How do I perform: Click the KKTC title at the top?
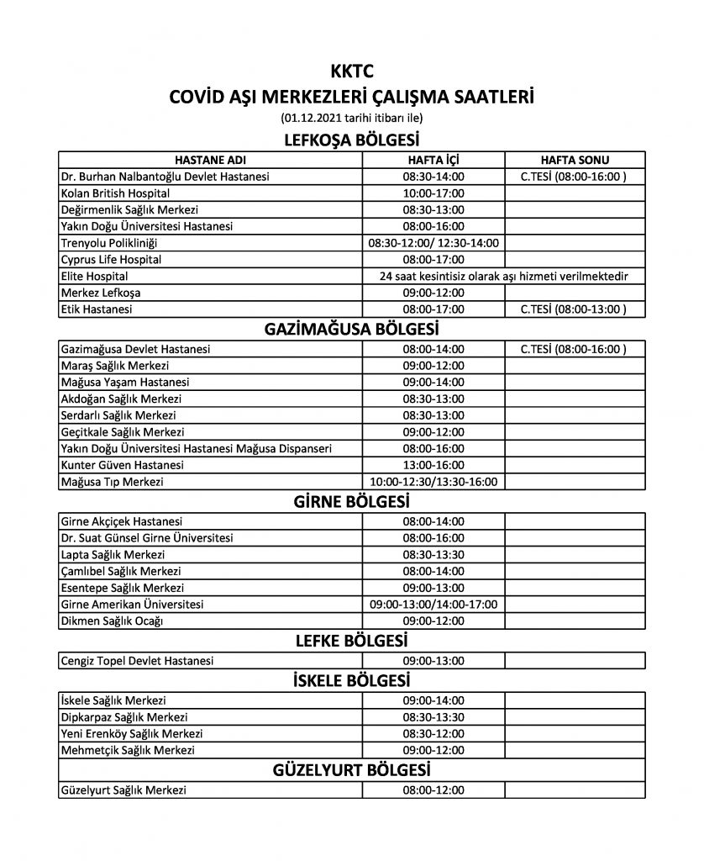click(352, 73)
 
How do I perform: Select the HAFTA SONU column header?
click(575, 160)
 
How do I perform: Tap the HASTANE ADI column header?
click(210, 160)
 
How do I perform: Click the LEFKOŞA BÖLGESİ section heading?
click(352, 139)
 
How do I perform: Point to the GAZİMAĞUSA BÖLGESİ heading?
click(352, 329)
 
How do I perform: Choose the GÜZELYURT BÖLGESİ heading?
click(352, 770)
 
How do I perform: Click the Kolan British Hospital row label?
click(116, 193)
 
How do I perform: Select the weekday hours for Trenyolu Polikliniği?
click(433, 243)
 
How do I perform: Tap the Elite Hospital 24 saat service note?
click(504, 276)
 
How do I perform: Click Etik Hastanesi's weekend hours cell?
click(575, 309)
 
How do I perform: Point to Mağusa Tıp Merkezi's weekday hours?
click(433, 482)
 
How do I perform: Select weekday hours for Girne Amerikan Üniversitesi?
click(433, 605)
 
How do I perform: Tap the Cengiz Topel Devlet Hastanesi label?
click(137, 661)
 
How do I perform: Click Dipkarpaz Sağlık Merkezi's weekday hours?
click(433, 717)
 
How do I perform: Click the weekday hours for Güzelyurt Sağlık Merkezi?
click(433, 790)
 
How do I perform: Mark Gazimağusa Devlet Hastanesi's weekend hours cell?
click(575, 349)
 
